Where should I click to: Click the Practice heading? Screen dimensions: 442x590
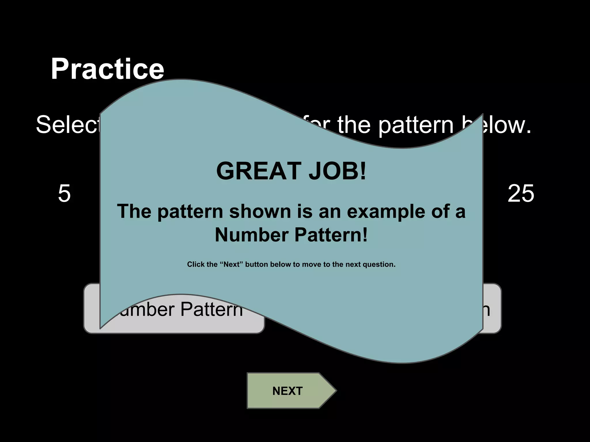pos(107,69)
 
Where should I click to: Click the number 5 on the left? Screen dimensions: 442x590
pos(64,194)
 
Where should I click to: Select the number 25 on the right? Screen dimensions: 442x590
pos(521,194)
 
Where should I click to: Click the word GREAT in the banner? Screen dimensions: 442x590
pos(259,171)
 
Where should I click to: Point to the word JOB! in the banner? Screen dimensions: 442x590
pos(337,171)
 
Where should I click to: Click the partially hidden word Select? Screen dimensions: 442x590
pos(67,125)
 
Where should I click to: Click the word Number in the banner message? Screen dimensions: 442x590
pos(251,235)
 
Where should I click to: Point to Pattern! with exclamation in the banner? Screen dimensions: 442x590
pos(331,235)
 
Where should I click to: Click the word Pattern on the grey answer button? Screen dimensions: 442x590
pos(212,310)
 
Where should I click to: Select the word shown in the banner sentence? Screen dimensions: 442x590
pos(260,212)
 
